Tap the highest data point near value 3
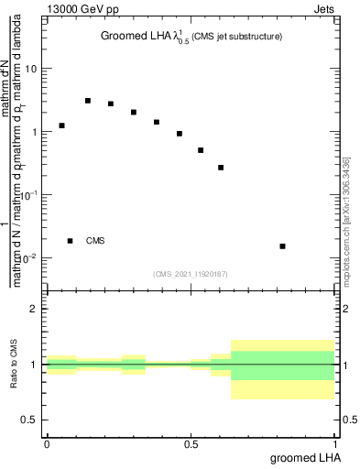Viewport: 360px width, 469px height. pos(88,101)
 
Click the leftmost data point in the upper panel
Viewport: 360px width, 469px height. pos(61,125)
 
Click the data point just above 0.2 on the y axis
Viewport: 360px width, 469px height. pos(221,168)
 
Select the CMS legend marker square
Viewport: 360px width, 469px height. pos(71,241)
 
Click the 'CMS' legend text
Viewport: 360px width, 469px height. pos(95,241)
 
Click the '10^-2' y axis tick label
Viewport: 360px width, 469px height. pos(27,257)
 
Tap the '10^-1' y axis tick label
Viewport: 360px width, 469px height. pos(27,195)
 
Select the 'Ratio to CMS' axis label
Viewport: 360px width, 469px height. pos(15,364)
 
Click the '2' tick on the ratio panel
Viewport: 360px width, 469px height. pos(35,309)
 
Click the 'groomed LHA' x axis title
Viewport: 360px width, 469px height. pos(304,457)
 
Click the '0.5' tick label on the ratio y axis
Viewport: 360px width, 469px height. pos(30,419)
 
